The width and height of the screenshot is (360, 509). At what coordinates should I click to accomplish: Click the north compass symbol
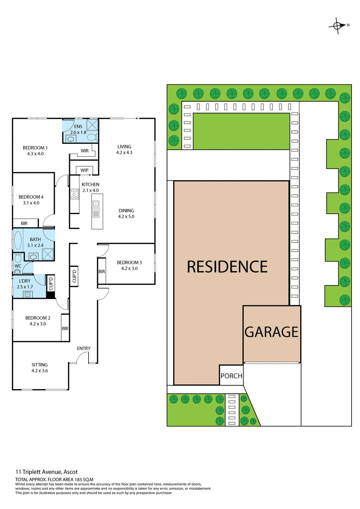point(337,26)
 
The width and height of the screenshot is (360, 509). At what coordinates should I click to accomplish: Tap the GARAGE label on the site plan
point(271,332)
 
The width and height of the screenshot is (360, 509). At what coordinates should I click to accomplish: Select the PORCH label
point(231,376)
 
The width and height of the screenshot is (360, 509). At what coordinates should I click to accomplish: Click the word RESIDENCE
point(227,267)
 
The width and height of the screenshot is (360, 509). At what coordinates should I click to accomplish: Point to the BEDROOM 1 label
point(35,148)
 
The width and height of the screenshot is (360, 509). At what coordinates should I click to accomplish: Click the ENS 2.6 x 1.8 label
point(78,129)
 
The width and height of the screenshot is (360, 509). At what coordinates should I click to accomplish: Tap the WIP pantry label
point(84,170)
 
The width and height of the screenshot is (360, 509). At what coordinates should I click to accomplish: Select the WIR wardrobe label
point(85,151)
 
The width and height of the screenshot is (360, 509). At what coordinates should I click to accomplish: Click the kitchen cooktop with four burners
point(74,194)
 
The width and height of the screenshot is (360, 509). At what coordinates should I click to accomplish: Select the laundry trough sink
point(28,294)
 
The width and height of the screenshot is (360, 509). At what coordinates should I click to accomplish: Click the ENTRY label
point(84,348)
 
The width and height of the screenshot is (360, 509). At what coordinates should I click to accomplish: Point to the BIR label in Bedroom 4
point(24,224)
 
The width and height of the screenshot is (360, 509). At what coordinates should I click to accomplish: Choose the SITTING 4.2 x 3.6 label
point(40,368)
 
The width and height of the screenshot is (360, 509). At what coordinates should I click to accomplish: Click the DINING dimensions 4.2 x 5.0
point(126,217)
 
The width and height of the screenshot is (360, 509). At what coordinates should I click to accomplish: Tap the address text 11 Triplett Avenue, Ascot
point(46,472)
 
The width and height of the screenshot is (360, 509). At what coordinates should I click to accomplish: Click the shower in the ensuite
point(93,124)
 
